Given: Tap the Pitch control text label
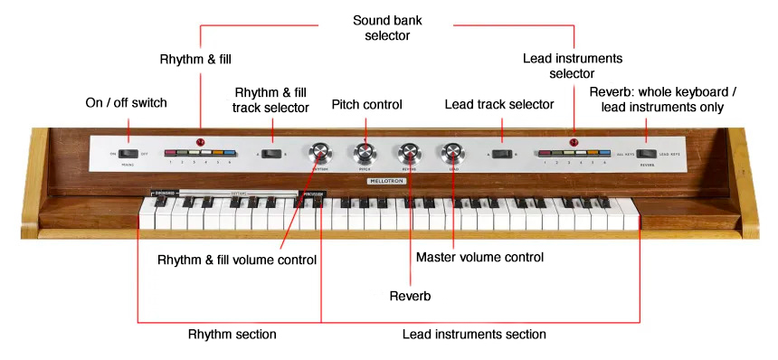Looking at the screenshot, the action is (365, 105).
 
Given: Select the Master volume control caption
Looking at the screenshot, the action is (479, 258).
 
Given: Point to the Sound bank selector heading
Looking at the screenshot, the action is (388, 26).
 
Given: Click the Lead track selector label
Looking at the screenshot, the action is (498, 105).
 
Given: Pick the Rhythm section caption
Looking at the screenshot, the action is (232, 335).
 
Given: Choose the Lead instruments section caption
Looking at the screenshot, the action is (474, 335).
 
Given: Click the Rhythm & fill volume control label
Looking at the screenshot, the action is (237, 261).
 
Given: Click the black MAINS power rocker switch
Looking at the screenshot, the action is (127, 155).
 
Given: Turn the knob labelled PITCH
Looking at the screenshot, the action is (365, 152).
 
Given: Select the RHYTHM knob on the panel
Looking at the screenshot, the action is (319, 153).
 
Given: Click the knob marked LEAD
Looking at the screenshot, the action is (451, 153).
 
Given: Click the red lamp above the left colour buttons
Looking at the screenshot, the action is (201, 142).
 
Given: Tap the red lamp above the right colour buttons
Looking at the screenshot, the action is (574, 142).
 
